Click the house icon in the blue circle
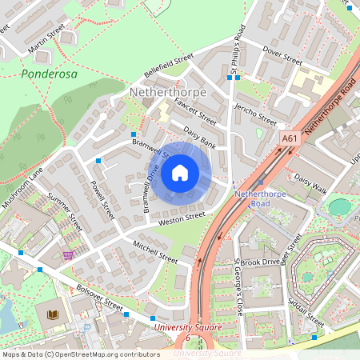click(x=180, y=172)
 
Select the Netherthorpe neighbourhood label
click(x=167, y=93)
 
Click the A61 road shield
click(x=290, y=138)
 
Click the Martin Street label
click(x=46, y=40)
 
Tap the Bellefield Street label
click(x=169, y=66)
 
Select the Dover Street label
click(x=282, y=57)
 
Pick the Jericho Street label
click(x=254, y=114)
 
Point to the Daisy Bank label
click(x=200, y=137)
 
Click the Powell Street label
click(x=102, y=199)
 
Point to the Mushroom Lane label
click(x=22, y=189)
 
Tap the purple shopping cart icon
click(x=68, y=255)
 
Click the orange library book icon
click(x=54, y=315)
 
